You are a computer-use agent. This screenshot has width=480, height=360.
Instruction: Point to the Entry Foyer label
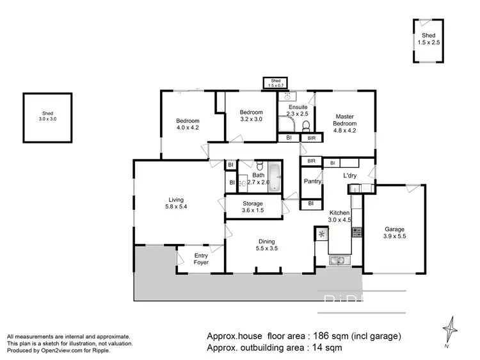tap(201, 259)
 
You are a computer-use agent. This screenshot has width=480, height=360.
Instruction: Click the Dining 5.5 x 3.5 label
tap(267, 245)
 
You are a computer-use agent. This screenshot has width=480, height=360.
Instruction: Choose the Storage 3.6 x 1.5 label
tap(252, 207)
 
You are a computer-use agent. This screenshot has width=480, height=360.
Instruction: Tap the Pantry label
tap(312, 181)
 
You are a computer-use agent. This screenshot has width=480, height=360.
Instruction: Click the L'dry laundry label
tap(350, 175)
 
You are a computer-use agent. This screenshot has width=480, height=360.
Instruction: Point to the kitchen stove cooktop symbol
tap(356, 233)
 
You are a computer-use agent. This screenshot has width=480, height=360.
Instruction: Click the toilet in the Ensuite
tap(307, 125)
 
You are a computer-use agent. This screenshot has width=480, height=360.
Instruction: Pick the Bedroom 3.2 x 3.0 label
tap(251, 115)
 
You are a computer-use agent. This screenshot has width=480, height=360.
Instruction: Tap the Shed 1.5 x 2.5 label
tap(428, 38)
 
